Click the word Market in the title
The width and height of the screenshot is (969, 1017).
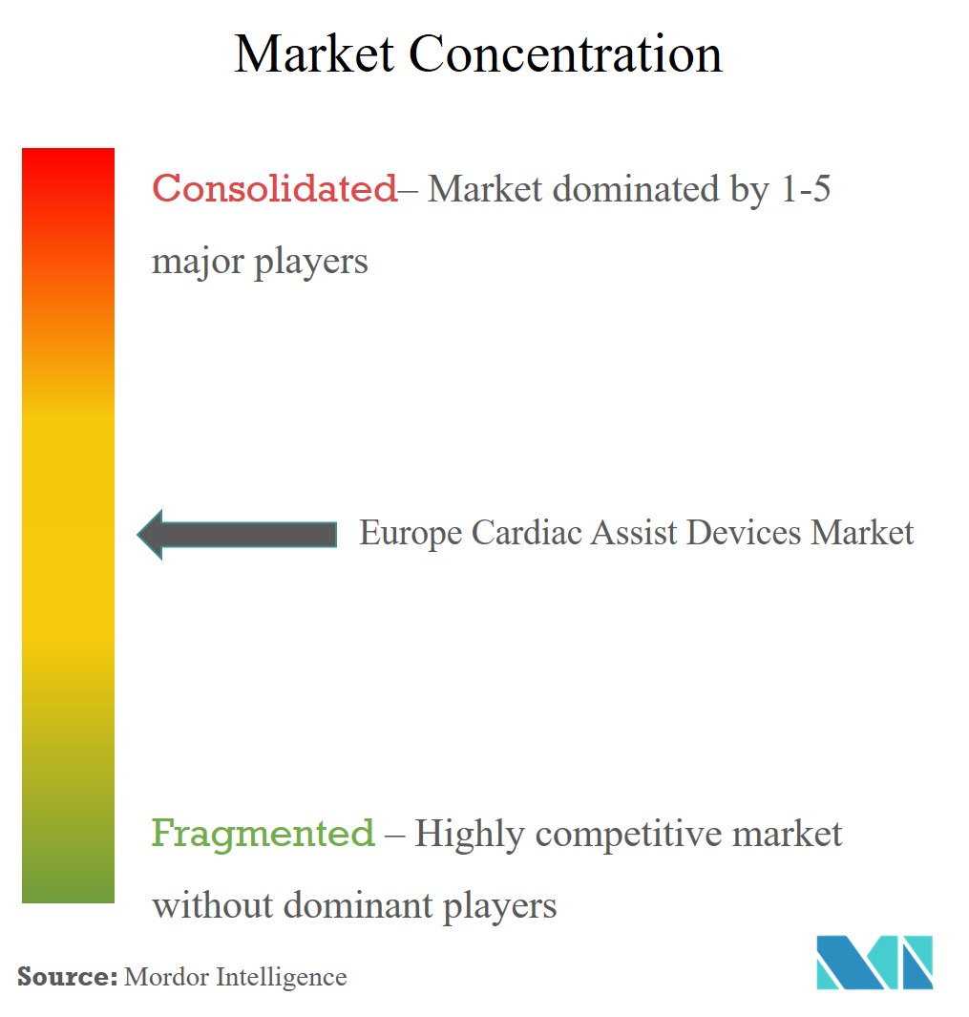[314, 53]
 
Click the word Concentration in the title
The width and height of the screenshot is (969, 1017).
[565, 53]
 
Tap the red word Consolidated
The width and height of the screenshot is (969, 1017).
[274, 189]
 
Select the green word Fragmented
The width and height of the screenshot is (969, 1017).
[263, 833]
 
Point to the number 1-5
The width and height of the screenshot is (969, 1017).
[806, 189]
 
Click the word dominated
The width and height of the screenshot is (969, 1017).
[636, 189]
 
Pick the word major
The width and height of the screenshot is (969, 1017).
[198, 262]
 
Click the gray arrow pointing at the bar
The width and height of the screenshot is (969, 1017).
[237, 535]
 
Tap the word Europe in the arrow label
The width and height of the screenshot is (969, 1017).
[411, 533]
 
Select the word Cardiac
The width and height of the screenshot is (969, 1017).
[527, 533]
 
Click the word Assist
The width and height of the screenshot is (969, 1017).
[634, 533]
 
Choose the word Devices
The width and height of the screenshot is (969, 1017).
[744, 533]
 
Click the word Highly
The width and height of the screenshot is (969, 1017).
[470, 834]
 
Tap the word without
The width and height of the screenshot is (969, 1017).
[212, 904]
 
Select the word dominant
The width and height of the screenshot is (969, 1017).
[358, 904]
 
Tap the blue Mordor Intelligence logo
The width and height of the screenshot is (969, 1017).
[874, 962]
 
